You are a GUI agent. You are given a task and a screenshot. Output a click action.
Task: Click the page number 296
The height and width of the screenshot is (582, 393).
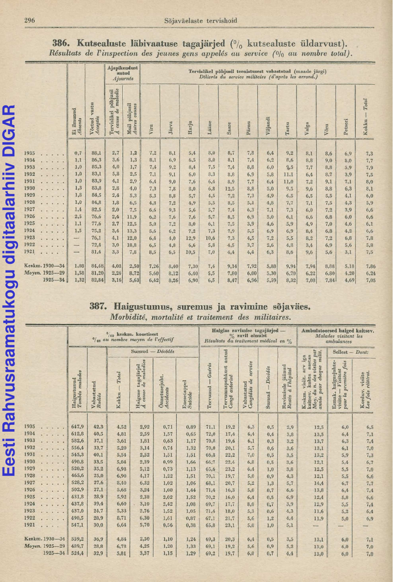tap(29, 20)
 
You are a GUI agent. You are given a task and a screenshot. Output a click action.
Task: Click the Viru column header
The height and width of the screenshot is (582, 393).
tap(152, 130)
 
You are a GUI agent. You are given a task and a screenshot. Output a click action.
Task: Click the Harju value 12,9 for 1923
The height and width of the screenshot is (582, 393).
tap(190, 238)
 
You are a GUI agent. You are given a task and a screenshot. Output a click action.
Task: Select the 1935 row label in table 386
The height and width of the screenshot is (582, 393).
tap(29, 153)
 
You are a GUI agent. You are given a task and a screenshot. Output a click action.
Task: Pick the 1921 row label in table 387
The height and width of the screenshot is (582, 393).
tap(29, 525)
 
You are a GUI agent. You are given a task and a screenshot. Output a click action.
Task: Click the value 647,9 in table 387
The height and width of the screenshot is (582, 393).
tap(78, 427)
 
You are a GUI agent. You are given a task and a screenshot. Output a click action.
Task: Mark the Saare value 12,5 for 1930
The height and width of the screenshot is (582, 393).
tap(230, 188)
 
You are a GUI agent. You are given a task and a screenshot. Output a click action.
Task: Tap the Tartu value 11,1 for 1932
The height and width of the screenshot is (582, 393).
tap(289, 174)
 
